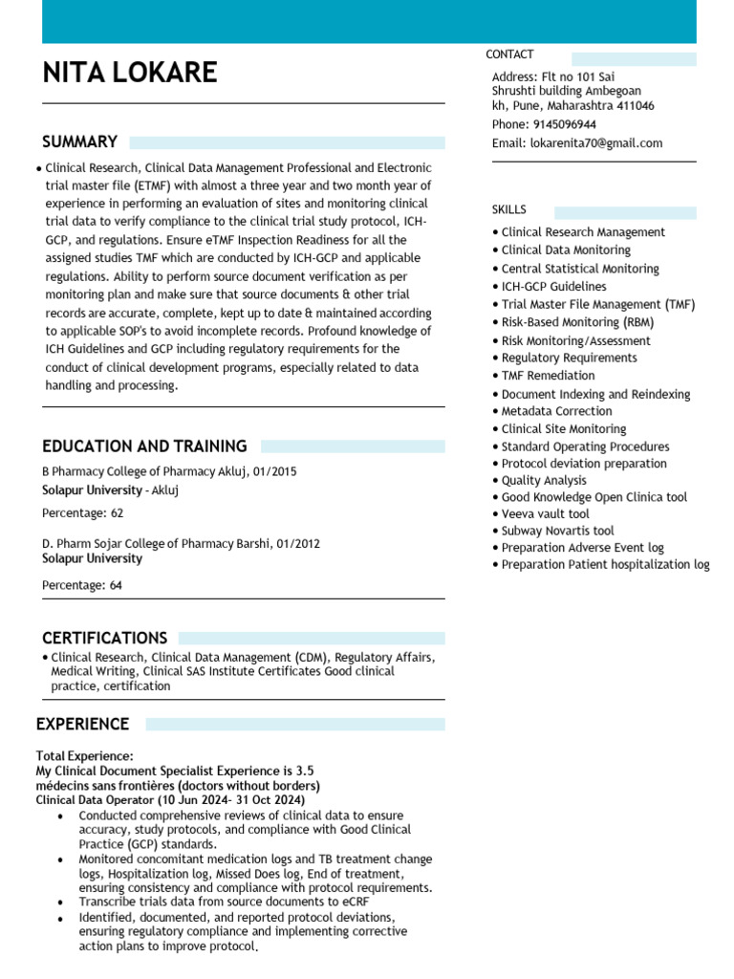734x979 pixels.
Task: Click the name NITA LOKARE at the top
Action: (130, 73)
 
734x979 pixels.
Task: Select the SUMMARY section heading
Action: (79, 142)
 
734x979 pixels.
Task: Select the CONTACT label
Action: (509, 54)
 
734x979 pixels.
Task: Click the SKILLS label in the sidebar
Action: (508, 209)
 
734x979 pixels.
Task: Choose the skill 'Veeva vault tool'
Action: (545, 514)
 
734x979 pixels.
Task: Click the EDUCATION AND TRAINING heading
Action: (144, 446)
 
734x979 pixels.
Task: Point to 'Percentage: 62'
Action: (82, 513)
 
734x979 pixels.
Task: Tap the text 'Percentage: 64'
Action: (82, 585)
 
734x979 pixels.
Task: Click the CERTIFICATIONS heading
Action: (104, 638)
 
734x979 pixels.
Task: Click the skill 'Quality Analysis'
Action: (544, 481)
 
